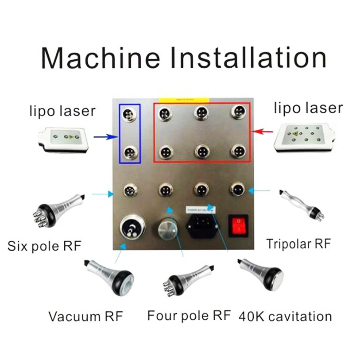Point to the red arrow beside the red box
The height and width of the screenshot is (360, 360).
point(264,132)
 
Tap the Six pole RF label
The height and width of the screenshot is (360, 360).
point(44,246)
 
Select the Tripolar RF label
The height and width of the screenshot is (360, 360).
point(298,243)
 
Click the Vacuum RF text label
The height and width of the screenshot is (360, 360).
point(85,317)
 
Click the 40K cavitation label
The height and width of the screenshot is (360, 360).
point(285,317)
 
